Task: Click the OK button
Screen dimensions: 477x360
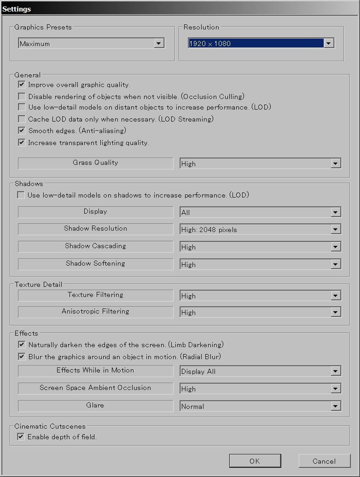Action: (x=255, y=461)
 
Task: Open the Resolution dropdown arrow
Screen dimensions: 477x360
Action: (x=329, y=43)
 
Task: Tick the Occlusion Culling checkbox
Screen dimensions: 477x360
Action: (x=22, y=97)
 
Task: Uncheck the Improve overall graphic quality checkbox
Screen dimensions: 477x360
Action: (x=22, y=85)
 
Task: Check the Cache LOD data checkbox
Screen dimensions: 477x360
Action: (x=22, y=119)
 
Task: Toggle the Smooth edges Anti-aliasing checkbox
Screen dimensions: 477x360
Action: (x=22, y=131)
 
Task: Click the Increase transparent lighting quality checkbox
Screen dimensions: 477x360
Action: (x=22, y=143)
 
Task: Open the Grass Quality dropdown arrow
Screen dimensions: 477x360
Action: (x=336, y=164)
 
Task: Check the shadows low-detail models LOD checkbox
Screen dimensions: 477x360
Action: (x=21, y=195)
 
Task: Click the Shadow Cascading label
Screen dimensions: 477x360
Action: (x=95, y=246)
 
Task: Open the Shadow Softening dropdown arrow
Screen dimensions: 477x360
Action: (x=336, y=265)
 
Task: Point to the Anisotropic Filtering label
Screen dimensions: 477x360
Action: (x=95, y=311)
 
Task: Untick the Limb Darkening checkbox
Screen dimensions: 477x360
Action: (x=22, y=344)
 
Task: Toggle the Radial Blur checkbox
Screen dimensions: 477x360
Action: (x=22, y=356)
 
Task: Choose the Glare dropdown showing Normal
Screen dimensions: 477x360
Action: (x=260, y=407)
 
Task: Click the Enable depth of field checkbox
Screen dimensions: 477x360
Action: (x=21, y=436)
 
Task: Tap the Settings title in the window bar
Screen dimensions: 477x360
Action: (x=17, y=9)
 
